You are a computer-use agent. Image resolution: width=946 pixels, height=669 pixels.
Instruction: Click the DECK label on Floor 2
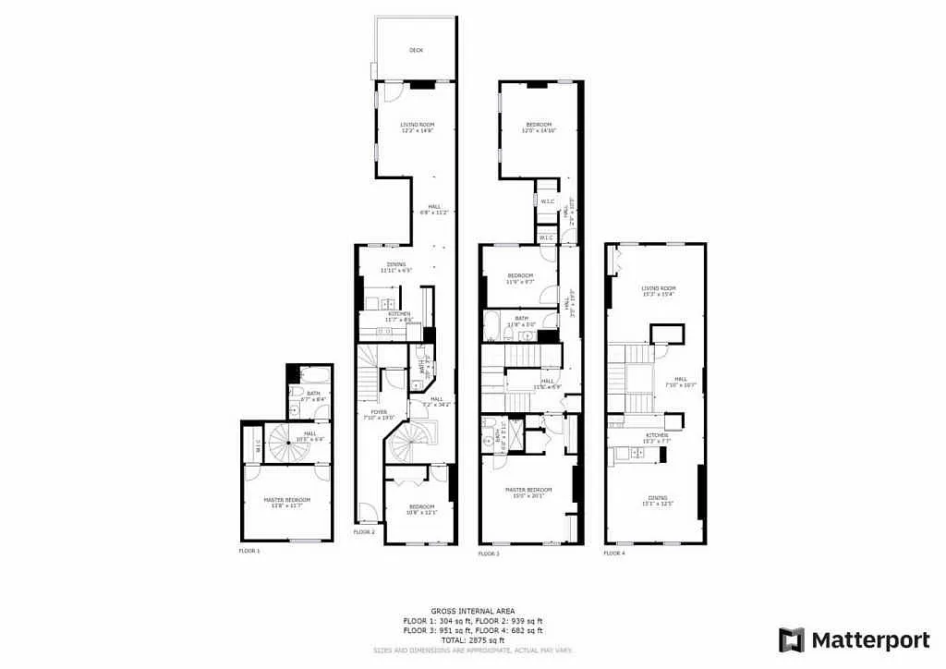[x=417, y=51]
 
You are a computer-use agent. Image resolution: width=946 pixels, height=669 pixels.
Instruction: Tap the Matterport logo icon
[x=792, y=639]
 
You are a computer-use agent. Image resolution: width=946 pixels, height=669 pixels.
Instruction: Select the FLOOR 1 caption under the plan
[x=249, y=551]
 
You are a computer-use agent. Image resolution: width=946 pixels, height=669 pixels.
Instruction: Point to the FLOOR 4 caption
[x=614, y=553]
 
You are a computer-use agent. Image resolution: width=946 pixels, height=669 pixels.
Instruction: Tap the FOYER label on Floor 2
[x=379, y=412]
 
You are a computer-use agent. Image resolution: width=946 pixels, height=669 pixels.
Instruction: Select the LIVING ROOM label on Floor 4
[x=659, y=288]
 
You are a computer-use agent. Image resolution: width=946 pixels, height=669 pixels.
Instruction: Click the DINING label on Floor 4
[x=657, y=499]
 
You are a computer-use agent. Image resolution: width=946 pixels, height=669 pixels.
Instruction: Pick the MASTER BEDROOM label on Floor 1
[x=286, y=500]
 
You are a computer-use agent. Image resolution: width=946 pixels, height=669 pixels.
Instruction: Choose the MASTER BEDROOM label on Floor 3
[x=528, y=489]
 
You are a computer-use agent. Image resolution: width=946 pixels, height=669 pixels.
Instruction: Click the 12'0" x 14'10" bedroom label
[x=539, y=125]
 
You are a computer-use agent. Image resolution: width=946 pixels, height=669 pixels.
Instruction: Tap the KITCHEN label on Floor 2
[x=399, y=314]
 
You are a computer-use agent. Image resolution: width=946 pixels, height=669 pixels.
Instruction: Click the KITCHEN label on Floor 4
[x=657, y=435]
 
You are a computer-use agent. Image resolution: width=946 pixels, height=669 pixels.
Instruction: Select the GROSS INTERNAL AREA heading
[x=472, y=611]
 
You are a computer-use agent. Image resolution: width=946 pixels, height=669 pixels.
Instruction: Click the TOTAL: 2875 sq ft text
[x=472, y=639]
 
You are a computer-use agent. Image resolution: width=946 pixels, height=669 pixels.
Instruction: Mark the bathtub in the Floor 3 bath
[x=492, y=324]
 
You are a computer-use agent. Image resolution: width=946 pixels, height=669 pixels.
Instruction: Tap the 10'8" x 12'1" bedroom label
[x=421, y=507]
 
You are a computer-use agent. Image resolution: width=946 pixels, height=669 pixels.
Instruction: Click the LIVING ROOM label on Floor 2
[x=417, y=125]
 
